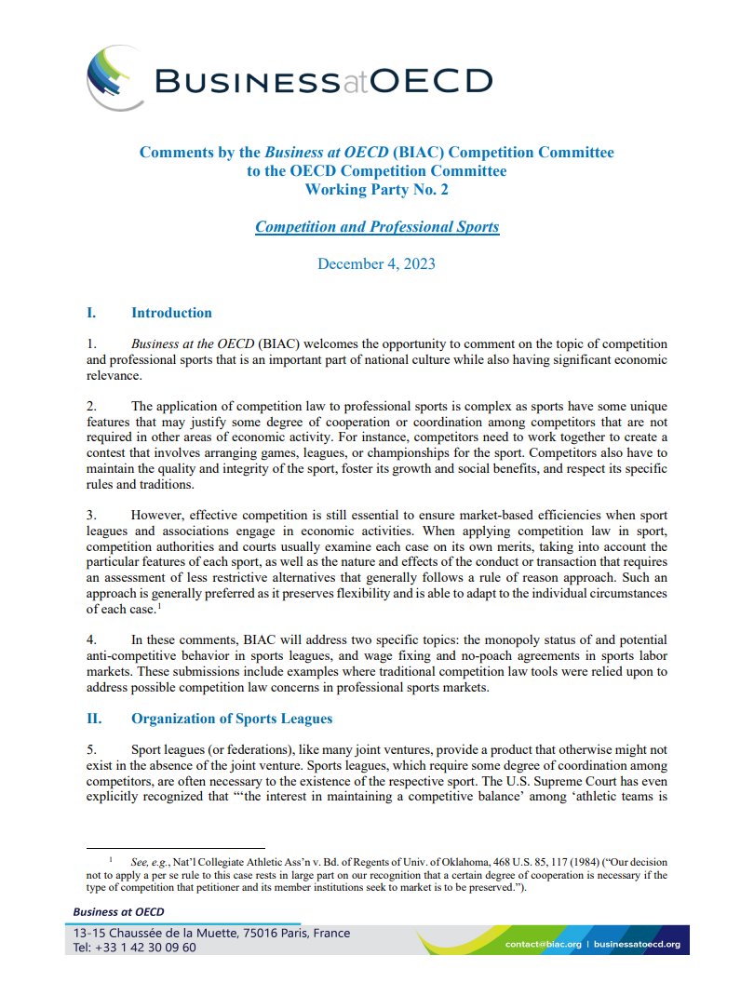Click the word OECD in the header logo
click(x=432, y=80)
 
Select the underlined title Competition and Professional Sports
click(x=377, y=226)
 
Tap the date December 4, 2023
click(x=376, y=263)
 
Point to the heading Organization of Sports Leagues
click(x=231, y=719)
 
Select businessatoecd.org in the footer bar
click(x=637, y=944)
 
